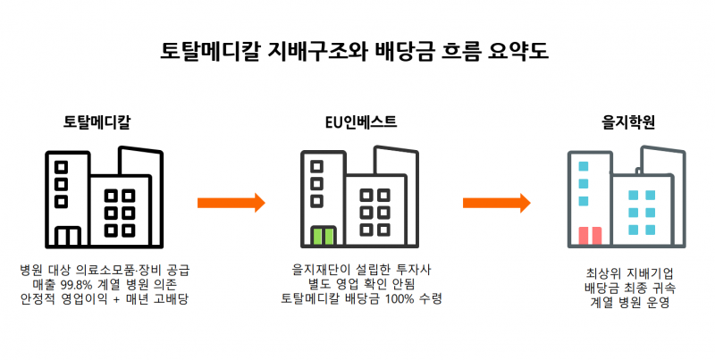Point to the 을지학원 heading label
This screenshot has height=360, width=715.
625,121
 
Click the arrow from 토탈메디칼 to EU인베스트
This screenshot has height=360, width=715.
231,203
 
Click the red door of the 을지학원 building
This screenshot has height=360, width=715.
590,236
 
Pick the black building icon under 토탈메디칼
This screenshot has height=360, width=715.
105,197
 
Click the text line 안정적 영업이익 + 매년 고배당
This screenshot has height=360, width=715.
105,298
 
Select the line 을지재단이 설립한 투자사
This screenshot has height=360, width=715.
361,268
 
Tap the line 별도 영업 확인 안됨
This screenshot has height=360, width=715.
361,283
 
